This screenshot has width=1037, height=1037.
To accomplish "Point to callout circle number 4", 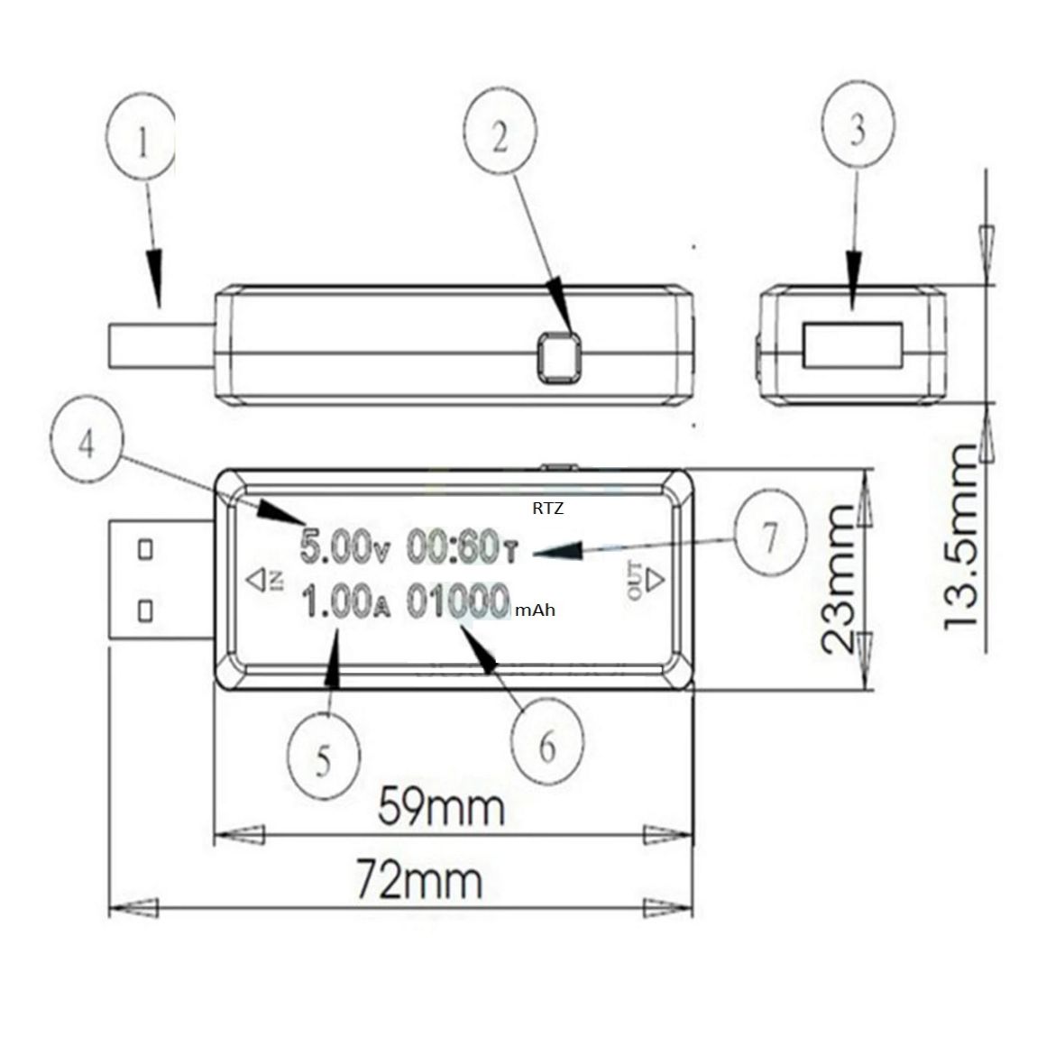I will tap(87, 445).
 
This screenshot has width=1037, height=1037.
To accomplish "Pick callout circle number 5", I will tap(324, 758).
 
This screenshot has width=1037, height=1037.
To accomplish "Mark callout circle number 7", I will tap(768, 538).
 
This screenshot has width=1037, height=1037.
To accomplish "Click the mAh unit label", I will tap(536, 610).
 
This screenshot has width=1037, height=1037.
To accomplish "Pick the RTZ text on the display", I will tap(547, 509).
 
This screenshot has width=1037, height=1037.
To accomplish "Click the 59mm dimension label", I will tap(439, 805).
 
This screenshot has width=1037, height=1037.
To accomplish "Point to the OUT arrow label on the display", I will tap(642, 578).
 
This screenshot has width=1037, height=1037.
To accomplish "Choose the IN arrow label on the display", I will tap(265, 578).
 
